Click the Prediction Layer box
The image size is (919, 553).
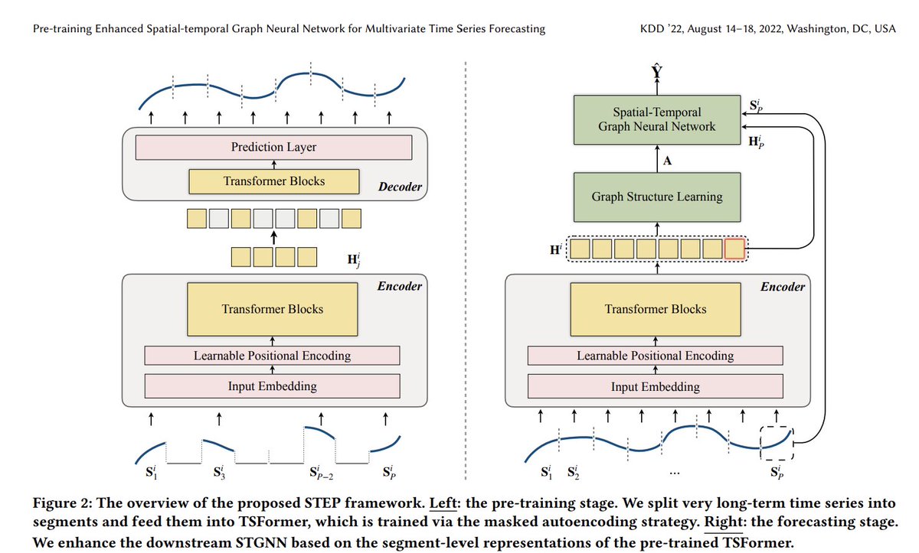click(273, 147)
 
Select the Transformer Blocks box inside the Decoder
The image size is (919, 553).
click(273, 181)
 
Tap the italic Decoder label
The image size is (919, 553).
click(400, 187)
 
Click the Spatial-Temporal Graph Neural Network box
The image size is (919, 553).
click(656, 119)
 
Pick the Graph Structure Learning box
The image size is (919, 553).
click(656, 197)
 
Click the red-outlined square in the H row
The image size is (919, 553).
click(734, 249)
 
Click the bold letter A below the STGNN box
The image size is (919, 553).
click(667, 161)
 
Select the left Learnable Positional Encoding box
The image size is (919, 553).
click(272, 355)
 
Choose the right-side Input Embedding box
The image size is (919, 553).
click(655, 386)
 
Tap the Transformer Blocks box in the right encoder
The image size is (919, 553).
click(656, 309)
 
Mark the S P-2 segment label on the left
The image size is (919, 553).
click(321, 471)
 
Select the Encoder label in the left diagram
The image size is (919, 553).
click(399, 286)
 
